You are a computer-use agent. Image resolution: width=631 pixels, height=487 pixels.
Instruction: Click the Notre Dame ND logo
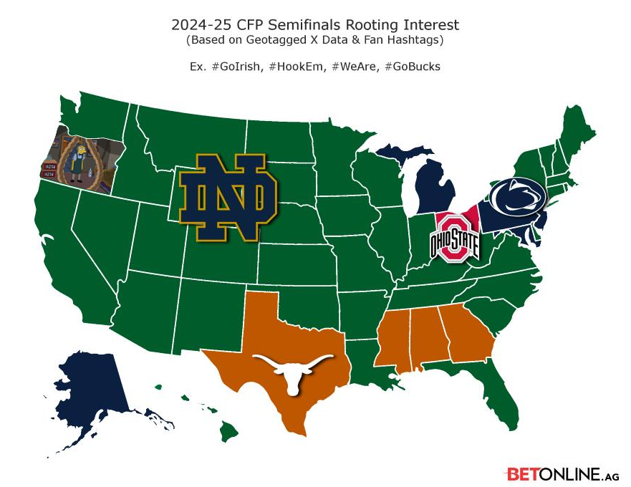228,194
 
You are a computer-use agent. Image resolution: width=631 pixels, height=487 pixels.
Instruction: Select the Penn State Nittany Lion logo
518,198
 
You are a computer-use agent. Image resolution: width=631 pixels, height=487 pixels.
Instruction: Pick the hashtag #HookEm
299,67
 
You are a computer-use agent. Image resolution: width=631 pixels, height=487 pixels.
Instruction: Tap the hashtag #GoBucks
412,67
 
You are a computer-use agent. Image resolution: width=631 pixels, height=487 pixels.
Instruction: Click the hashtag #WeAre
355,67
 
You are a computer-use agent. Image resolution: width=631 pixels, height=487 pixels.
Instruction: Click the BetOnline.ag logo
562,474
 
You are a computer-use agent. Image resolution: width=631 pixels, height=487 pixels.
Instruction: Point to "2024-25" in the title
198,25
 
